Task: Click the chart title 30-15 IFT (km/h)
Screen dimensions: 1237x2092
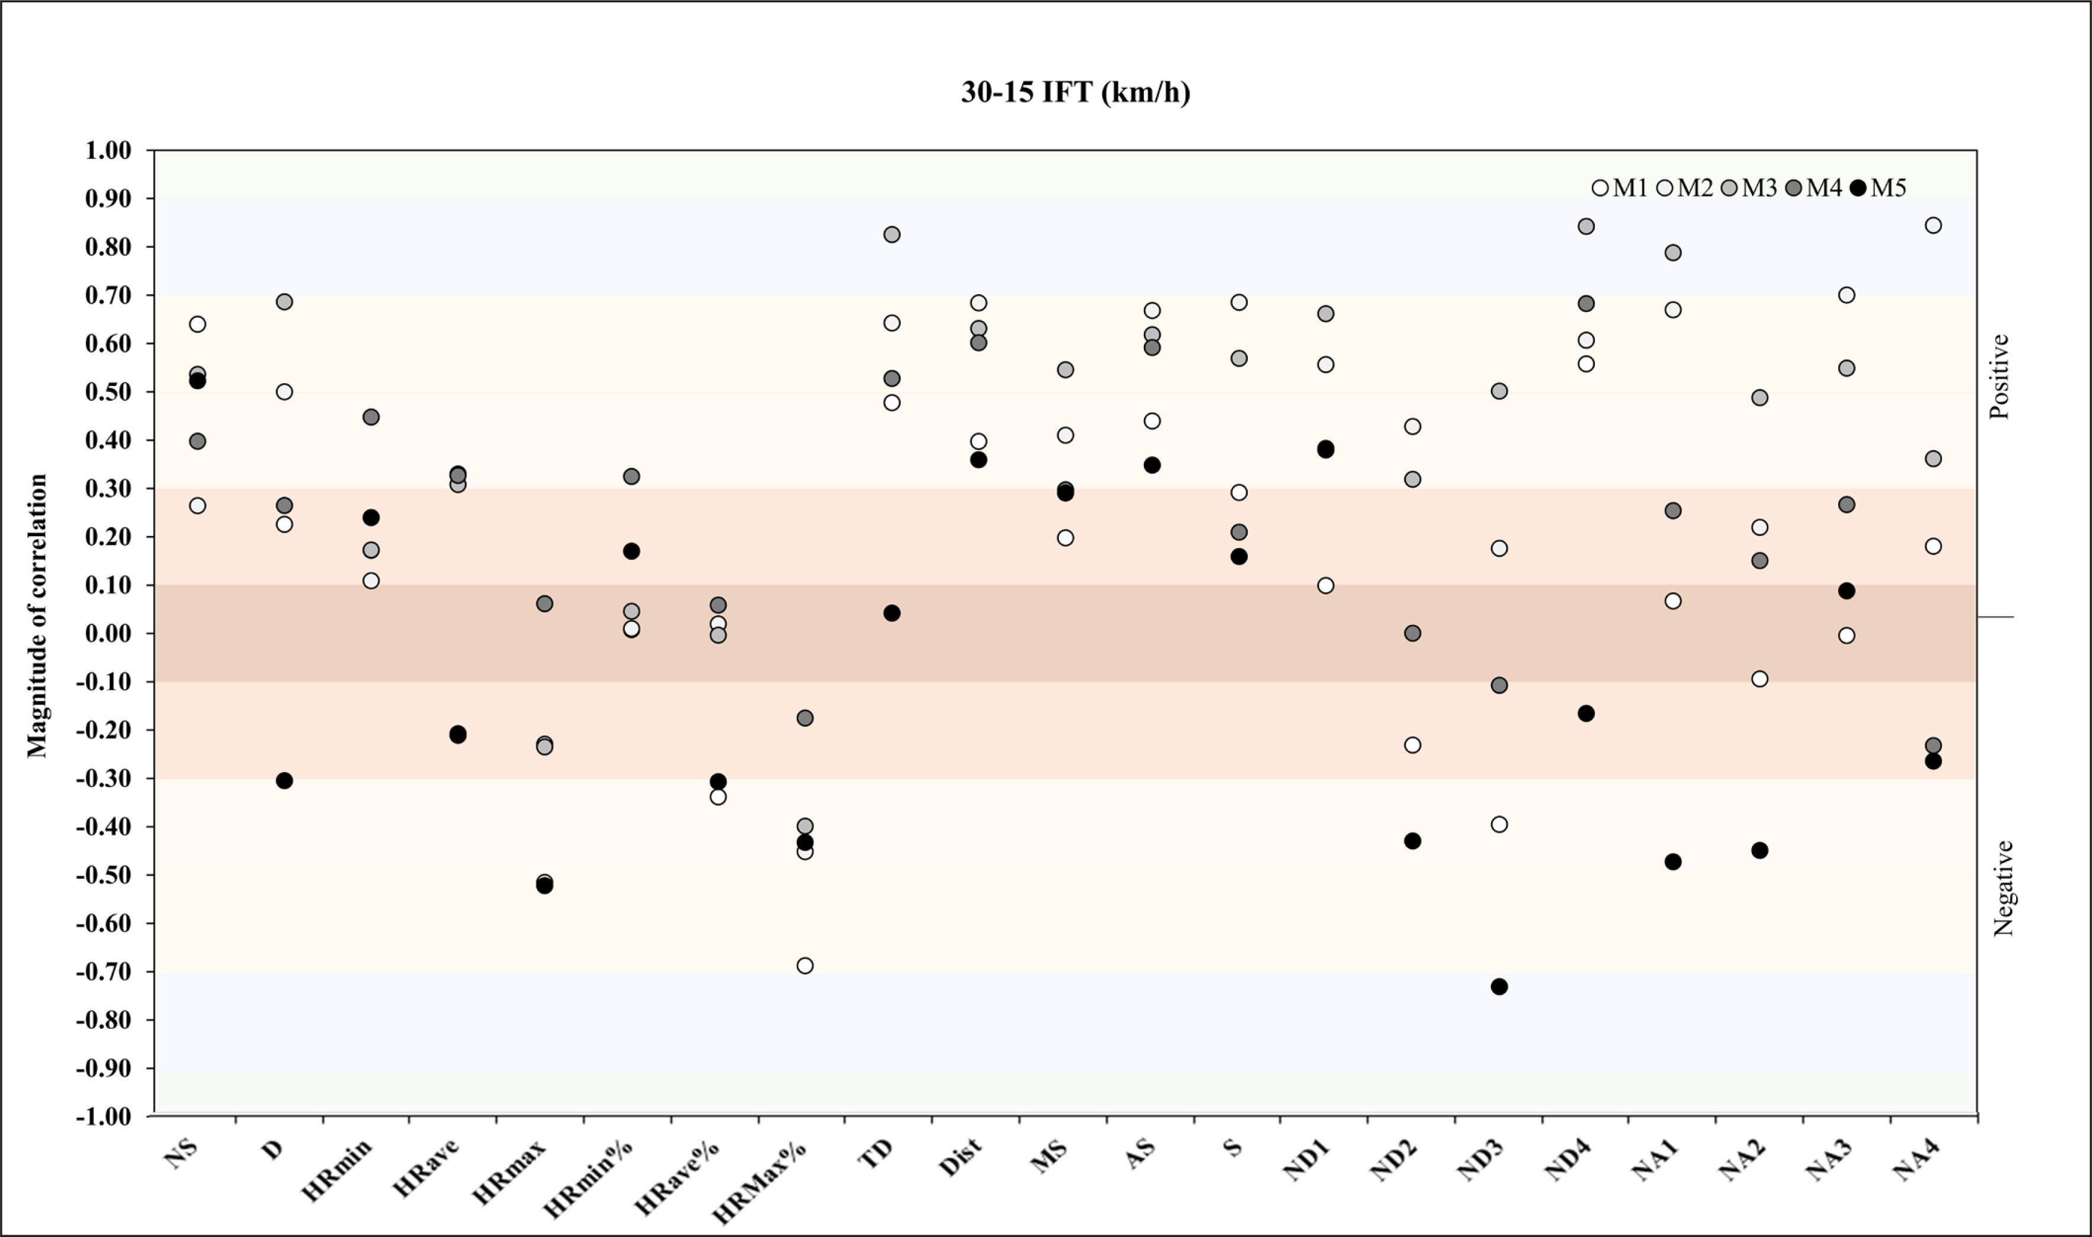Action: click(x=1076, y=92)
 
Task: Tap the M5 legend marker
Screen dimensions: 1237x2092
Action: click(x=1858, y=189)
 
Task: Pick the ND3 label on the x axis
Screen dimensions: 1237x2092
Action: click(x=1480, y=1161)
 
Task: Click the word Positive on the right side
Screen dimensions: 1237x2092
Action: click(x=1999, y=377)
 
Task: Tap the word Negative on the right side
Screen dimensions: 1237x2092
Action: click(x=2003, y=888)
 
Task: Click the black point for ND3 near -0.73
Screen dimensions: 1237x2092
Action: click(x=1499, y=987)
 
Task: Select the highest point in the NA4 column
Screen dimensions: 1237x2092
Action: click(x=1933, y=226)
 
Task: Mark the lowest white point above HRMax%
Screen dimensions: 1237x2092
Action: click(x=805, y=966)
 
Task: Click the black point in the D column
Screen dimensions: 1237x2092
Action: click(x=284, y=781)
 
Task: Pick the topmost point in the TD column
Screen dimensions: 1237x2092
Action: click(x=891, y=235)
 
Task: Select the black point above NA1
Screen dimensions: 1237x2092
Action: click(x=1673, y=862)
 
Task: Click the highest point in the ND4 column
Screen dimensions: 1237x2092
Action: click(x=1586, y=227)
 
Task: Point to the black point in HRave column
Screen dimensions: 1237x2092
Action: click(x=458, y=734)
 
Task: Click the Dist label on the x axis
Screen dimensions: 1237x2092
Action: click(x=961, y=1159)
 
